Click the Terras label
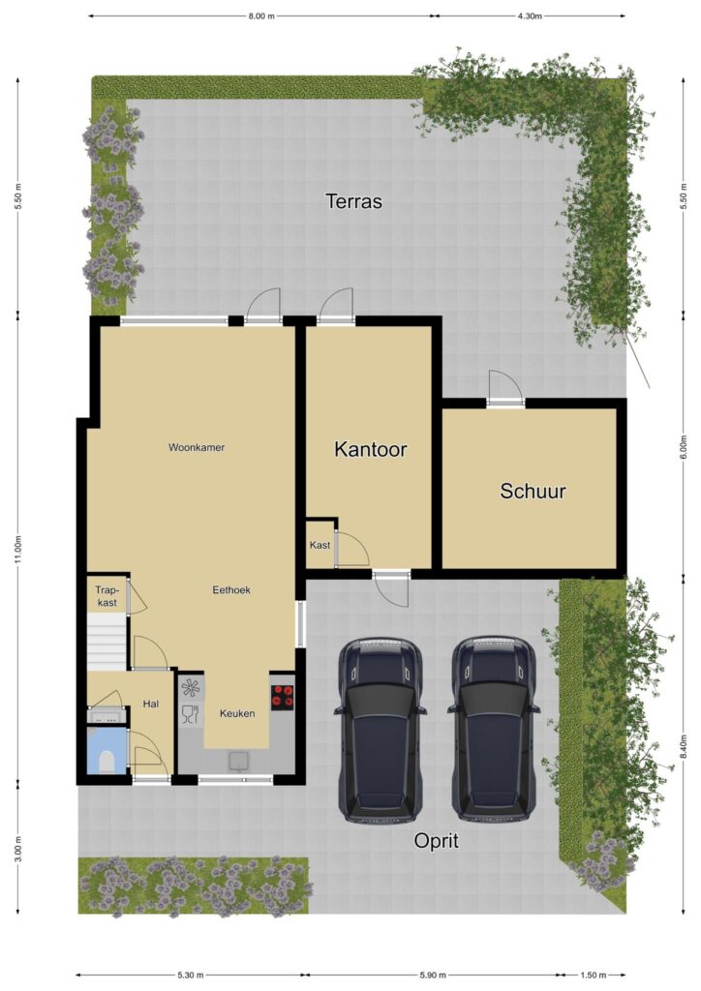coord(353,201)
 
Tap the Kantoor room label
coord(370,449)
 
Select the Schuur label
coord(533,491)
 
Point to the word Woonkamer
coord(197,447)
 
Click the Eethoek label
coord(231,589)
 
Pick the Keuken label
coord(237,713)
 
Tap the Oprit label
coord(436,841)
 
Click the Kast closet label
coord(320,545)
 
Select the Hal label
coord(150,704)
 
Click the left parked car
coord(380,730)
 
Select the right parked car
coord(494,730)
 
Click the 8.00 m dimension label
coord(261,15)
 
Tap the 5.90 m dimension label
coord(433,975)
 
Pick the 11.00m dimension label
coord(18,550)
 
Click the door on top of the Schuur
coord(505,388)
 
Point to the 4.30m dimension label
coord(530,15)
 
